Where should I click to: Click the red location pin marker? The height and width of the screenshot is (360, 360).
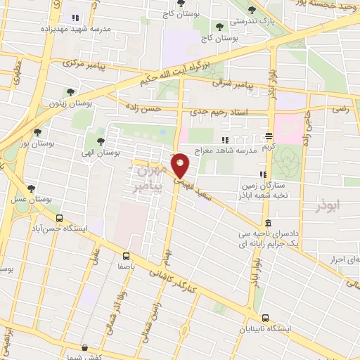181,166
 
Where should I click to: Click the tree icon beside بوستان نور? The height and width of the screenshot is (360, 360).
37,131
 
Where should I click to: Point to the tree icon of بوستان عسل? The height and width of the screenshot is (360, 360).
31,188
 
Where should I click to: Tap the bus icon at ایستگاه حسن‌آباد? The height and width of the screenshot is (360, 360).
59,218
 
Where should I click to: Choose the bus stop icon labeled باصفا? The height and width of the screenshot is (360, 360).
126,256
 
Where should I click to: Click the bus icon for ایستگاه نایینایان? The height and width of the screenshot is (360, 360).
265,317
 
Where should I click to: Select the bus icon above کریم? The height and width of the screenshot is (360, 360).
269,136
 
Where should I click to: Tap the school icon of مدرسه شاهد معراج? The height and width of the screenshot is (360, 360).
225,141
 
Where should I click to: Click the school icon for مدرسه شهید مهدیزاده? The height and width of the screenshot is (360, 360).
75,18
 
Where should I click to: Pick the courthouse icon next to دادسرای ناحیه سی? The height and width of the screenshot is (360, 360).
269,223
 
